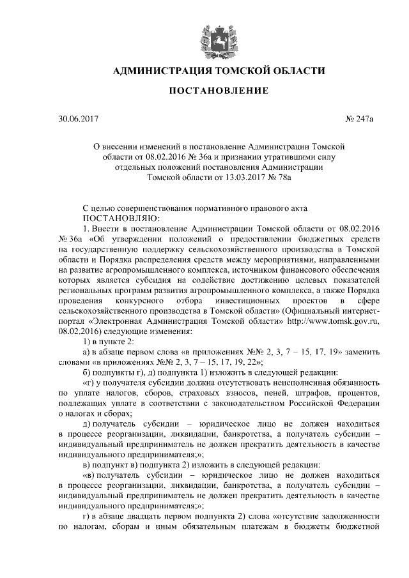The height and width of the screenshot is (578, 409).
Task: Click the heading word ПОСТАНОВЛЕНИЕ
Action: point(218,92)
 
